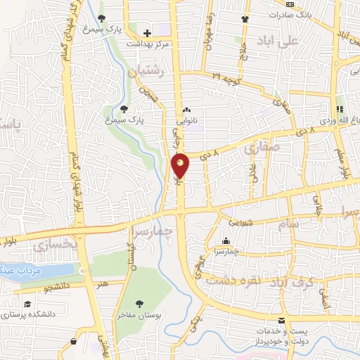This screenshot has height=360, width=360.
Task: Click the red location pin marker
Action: [181, 165]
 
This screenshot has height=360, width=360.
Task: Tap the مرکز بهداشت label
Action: [148, 44]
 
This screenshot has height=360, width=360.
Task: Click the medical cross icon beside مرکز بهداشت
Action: [148, 33]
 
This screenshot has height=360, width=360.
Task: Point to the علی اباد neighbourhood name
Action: [279, 39]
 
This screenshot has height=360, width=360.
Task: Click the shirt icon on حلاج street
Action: [244, 20]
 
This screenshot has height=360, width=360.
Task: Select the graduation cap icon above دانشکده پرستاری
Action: [27, 303]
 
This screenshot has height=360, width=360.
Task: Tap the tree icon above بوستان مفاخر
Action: [139, 304]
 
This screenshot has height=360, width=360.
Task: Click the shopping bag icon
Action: [74, 342]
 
